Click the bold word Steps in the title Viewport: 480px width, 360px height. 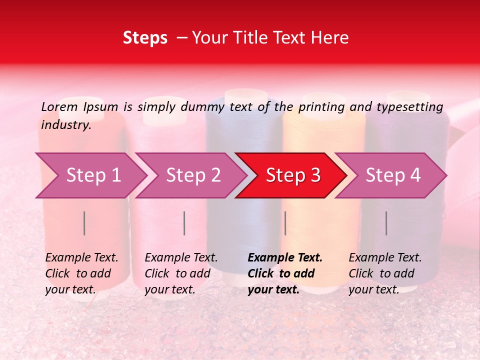click(x=145, y=38)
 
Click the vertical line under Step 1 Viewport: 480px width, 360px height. click(x=84, y=223)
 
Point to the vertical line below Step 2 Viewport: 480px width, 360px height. click(x=184, y=223)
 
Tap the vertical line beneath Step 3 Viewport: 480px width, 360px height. click(x=285, y=223)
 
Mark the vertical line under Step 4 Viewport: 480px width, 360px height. click(x=386, y=223)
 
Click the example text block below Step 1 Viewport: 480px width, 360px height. click(x=81, y=273)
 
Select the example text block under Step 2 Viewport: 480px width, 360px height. click(x=181, y=273)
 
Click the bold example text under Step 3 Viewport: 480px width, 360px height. click(x=285, y=273)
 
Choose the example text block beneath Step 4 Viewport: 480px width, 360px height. click(x=385, y=273)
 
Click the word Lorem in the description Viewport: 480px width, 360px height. click(x=59, y=106)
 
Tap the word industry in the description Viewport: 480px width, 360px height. click(x=65, y=125)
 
